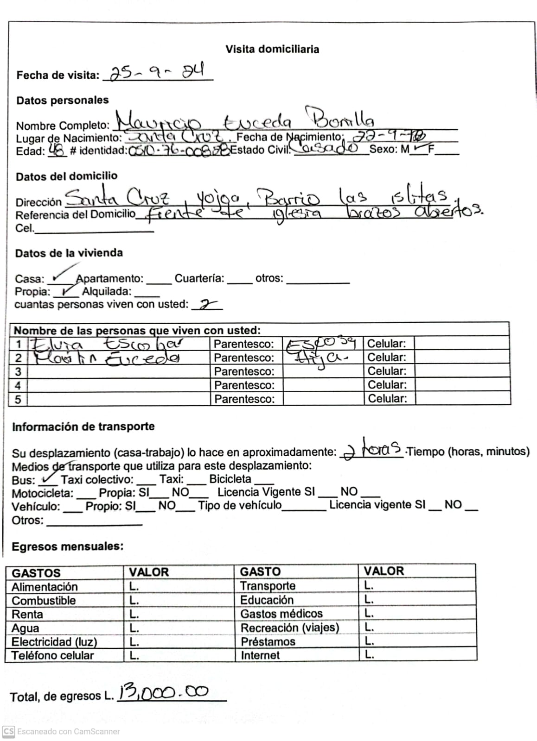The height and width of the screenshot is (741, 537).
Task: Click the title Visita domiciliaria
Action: pyautogui.click(x=272, y=49)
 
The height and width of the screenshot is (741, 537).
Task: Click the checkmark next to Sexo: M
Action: pyautogui.click(x=420, y=148)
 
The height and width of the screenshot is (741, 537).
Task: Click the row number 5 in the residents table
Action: pyautogui.click(x=18, y=399)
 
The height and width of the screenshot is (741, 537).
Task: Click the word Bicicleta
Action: pyautogui.click(x=230, y=479)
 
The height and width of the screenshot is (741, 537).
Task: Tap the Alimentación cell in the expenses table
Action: pyautogui.click(x=45, y=587)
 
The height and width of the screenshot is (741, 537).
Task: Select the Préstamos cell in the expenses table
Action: pyautogui.click(x=268, y=642)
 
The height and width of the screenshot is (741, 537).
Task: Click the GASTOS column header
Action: pyautogui.click(x=36, y=573)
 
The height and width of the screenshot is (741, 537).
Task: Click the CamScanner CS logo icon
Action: pyautogui.click(x=8, y=732)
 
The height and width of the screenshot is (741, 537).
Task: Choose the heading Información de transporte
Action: pyautogui.click(x=83, y=427)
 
